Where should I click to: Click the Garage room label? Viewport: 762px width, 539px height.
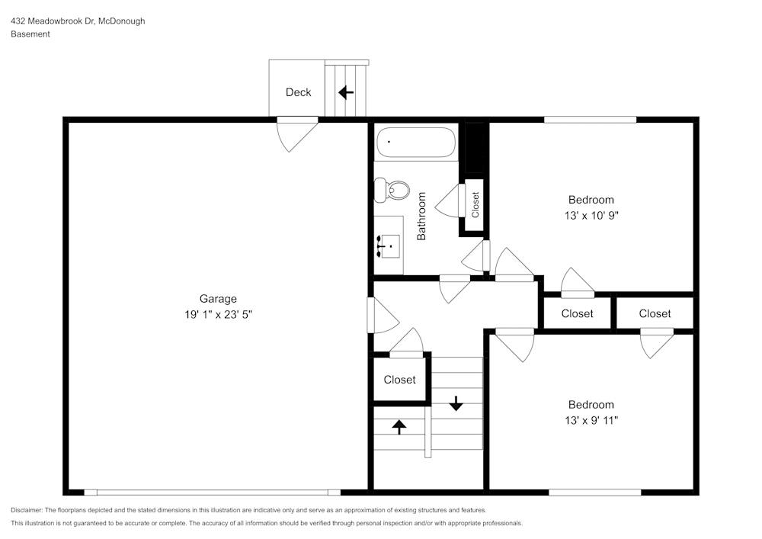click(218, 299)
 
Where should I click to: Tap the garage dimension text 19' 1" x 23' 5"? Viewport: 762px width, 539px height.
click(218, 314)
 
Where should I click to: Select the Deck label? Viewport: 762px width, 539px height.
click(299, 92)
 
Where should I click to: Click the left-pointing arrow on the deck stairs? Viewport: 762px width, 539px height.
click(346, 92)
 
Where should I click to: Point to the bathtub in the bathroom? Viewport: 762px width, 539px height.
click(416, 143)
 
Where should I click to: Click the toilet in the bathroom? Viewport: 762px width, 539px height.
click(392, 190)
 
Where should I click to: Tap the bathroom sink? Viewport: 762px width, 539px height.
click(389, 246)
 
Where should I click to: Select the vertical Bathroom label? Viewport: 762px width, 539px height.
click(421, 216)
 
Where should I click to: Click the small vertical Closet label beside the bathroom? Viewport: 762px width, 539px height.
click(475, 204)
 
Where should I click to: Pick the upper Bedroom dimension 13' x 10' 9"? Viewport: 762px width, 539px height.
click(591, 215)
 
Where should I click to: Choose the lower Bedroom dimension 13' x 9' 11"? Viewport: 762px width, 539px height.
click(591, 420)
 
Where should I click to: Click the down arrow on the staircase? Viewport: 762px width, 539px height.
click(456, 403)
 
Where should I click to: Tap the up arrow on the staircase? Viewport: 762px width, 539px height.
click(399, 427)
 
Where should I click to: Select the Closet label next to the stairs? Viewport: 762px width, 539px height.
click(399, 380)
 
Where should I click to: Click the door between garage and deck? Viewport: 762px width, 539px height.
click(297, 133)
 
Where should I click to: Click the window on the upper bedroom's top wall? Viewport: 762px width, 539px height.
click(590, 120)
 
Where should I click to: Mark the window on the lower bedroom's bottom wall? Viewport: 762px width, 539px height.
click(595, 492)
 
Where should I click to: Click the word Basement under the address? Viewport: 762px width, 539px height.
click(30, 34)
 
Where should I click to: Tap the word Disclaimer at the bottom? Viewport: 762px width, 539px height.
click(26, 510)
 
